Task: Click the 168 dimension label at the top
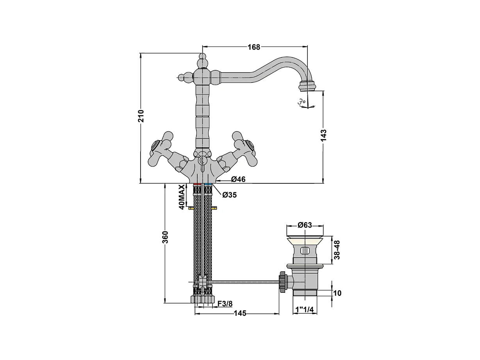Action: (253, 47)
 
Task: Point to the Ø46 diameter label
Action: (238, 179)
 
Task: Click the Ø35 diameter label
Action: (229, 195)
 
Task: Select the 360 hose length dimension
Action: (165, 237)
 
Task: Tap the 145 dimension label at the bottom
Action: (240, 313)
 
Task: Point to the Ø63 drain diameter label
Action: (305, 225)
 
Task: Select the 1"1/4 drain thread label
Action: (305, 310)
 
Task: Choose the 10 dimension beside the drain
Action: (337, 293)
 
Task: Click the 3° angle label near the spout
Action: (301, 102)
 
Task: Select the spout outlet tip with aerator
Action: (307, 86)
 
